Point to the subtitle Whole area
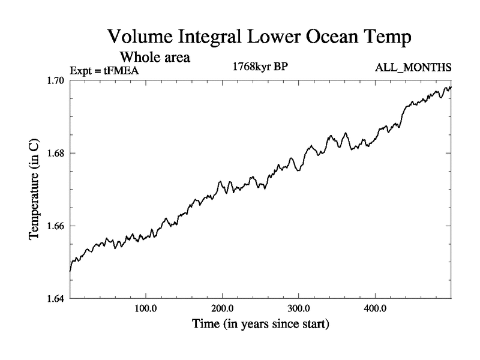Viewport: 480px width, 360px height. pos(155,58)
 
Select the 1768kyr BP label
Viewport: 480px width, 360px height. pos(260,67)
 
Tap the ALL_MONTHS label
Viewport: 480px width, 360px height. pos(413,68)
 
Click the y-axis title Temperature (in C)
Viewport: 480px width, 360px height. pos(35,189)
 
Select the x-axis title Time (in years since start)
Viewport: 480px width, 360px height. pos(260,325)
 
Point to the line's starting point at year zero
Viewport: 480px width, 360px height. pos(70,271)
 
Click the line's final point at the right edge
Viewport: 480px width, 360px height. pos(451,88)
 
